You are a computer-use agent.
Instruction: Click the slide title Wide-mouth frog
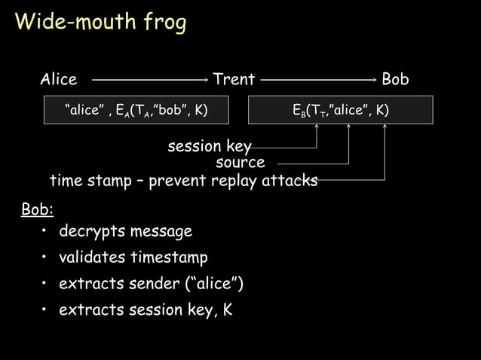coord(100,23)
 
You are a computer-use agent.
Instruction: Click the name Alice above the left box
coord(58,79)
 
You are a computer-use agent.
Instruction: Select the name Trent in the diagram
coord(234,79)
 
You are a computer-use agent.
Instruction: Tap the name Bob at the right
coord(395,79)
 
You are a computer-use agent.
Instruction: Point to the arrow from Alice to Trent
coord(149,78)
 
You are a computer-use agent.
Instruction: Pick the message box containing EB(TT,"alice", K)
coord(341,110)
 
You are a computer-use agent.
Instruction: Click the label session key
coord(209,145)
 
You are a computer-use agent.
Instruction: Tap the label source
coord(240,163)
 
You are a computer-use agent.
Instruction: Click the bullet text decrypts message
coord(125,231)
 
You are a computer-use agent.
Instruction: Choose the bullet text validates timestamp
coord(133,258)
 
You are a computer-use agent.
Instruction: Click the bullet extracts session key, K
coord(146,310)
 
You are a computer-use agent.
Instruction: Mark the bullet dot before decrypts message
coord(46,231)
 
